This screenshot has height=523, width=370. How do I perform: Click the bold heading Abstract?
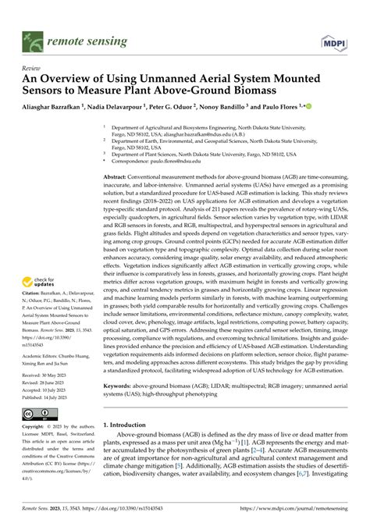(117, 177)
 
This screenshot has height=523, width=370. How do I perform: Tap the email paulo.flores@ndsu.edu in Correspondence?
(169, 162)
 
